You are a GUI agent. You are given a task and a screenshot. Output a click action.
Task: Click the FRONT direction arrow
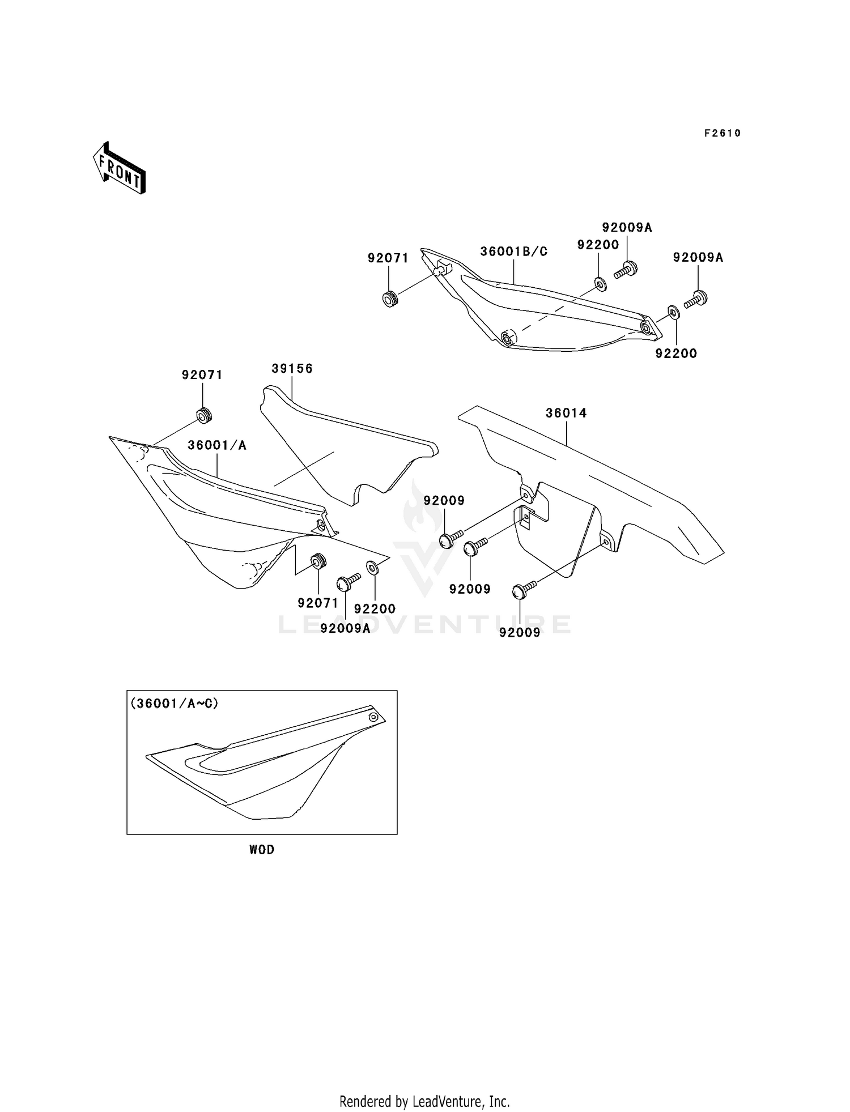pos(120,169)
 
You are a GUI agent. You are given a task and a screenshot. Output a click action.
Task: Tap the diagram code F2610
pos(722,133)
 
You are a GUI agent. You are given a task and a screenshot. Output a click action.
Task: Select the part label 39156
pos(292,368)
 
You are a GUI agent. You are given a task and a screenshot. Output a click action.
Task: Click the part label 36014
pos(566,413)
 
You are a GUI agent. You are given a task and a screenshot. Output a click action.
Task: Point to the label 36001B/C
pos(514,252)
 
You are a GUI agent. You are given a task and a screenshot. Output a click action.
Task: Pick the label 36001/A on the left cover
pos(217,445)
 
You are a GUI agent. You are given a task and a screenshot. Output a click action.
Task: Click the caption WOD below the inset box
pos(262,850)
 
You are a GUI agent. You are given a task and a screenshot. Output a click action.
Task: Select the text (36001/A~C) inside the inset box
pos(174,703)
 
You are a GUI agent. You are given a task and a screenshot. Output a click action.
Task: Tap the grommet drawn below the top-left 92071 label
pos(203,416)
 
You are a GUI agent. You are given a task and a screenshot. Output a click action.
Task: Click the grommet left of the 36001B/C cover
pos(389,298)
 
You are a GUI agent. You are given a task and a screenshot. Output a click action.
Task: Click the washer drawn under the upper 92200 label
pos(600,283)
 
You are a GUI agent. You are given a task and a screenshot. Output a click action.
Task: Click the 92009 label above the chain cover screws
pos(444,500)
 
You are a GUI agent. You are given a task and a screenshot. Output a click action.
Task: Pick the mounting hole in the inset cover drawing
pos(373,717)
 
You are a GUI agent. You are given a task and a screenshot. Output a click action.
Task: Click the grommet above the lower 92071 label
pos(318,562)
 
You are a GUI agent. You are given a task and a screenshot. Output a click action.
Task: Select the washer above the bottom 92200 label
pos(373,566)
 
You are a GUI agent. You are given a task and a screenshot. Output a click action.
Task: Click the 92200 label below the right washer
pos(676,353)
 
